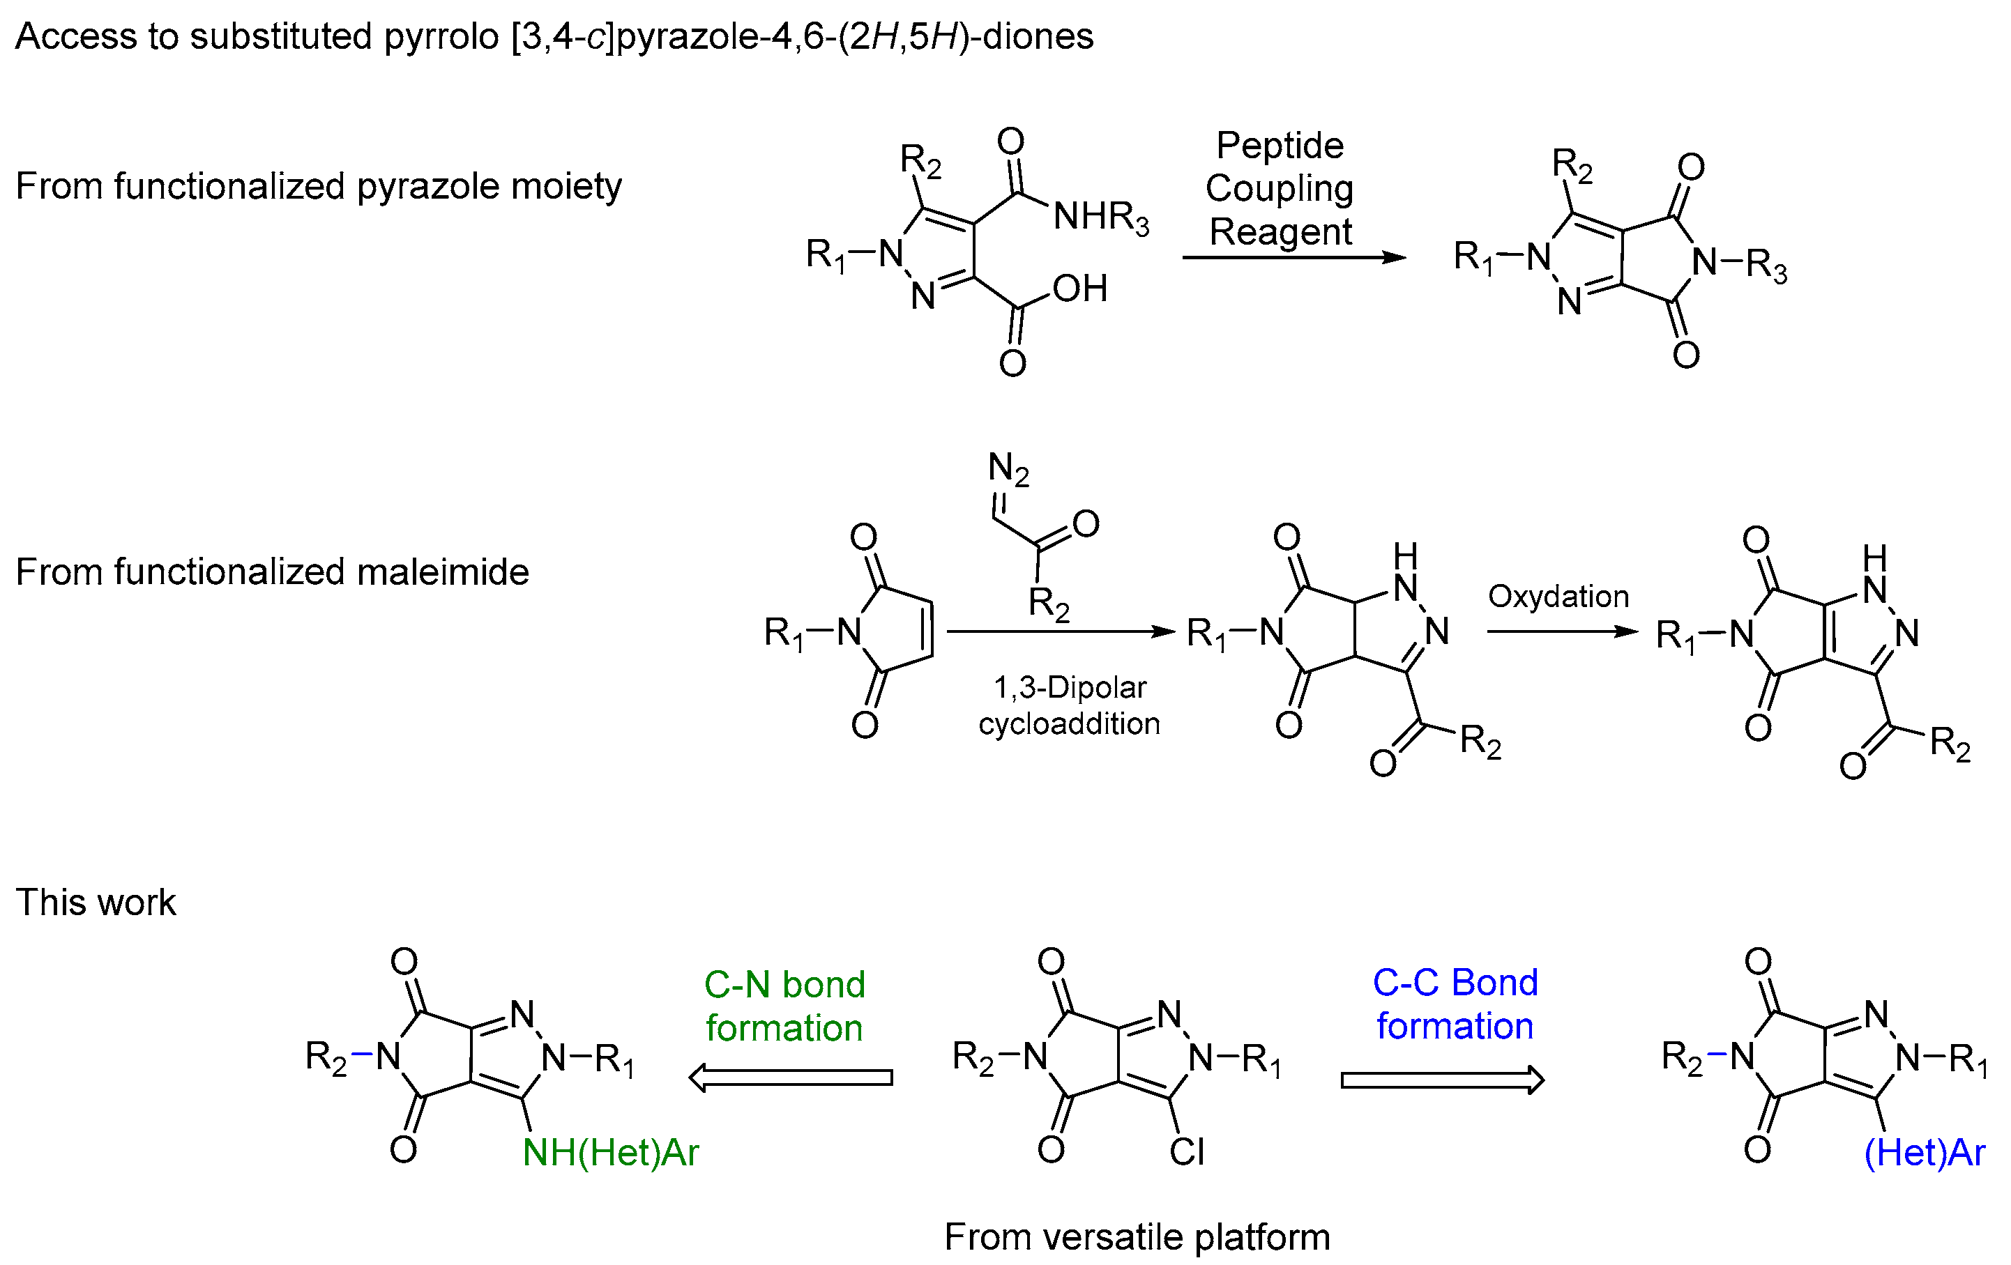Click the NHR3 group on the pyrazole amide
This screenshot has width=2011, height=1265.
1101,217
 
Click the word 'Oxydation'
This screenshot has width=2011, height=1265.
1558,596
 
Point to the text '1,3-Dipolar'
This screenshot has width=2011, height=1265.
1070,687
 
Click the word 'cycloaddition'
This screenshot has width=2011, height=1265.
1069,723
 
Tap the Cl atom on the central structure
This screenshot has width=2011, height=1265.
1186,1152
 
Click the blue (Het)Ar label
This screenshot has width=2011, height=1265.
1924,1153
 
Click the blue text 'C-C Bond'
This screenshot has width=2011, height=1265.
1455,982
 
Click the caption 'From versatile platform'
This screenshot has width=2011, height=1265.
1137,1236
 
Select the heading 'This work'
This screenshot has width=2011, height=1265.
96,903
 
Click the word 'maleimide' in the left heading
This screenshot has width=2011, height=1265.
445,573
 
